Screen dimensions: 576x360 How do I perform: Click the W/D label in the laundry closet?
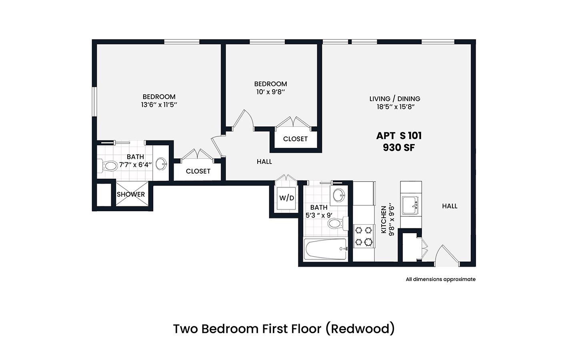[286, 198]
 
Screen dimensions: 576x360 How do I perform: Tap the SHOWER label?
[131, 194]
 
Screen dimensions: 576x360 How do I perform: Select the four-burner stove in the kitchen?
[364, 236]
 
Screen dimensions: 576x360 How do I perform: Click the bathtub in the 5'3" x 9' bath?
[325, 249]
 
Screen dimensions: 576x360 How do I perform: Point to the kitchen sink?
[410, 205]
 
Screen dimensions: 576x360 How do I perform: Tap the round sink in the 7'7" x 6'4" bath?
[161, 164]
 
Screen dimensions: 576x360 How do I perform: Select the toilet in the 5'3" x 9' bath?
[337, 223]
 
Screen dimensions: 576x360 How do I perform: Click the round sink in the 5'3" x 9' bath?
[339, 196]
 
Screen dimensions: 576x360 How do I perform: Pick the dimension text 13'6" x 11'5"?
[159, 105]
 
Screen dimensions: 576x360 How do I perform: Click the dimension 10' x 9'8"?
[271, 92]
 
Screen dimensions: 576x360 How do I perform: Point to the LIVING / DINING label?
[395, 99]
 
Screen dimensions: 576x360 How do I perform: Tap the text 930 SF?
[399, 148]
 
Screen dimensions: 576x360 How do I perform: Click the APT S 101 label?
[399, 136]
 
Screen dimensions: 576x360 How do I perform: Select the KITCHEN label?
[384, 220]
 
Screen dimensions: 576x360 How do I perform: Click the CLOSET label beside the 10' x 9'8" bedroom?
[295, 139]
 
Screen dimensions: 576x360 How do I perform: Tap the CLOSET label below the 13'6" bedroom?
[198, 171]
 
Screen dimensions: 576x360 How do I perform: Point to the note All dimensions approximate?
[441, 279]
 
